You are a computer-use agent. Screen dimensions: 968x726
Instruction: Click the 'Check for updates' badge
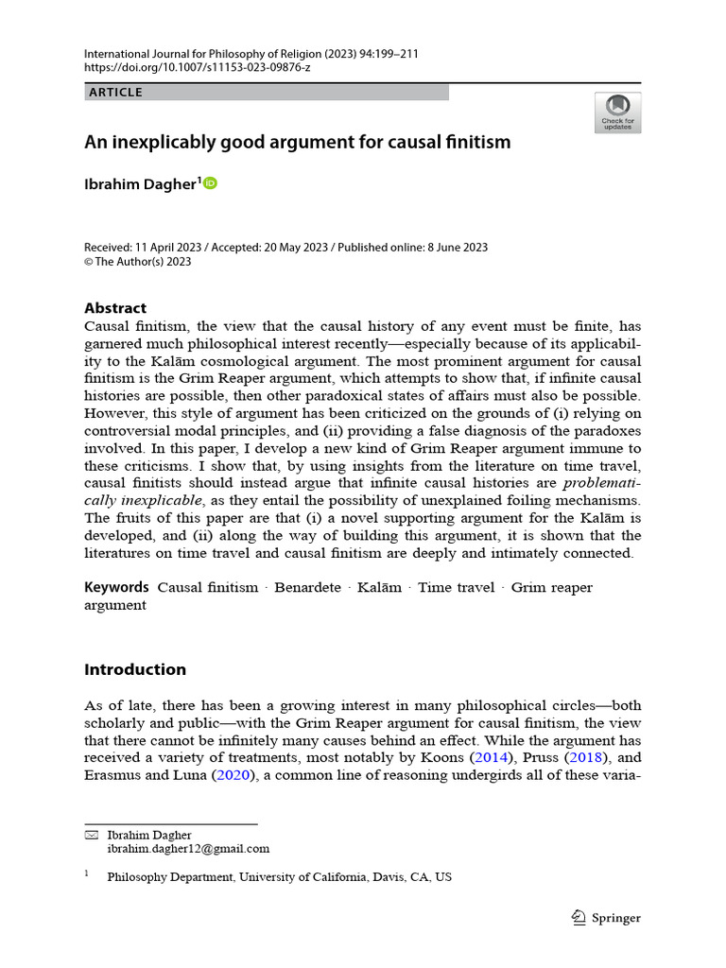coord(617,112)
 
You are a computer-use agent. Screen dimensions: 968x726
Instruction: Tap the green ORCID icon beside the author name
coord(210,183)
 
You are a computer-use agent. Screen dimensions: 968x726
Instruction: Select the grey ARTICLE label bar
coord(267,93)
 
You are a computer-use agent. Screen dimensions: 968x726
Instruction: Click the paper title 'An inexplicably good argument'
coord(298,143)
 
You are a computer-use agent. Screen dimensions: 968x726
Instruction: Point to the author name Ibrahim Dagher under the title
coord(141,184)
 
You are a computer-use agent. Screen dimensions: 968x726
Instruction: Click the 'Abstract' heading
coord(115,308)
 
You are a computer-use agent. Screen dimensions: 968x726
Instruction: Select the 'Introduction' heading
coord(135,669)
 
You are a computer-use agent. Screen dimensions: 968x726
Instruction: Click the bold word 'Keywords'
coord(116,587)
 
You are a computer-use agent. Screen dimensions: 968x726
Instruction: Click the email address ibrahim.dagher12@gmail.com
coord(188,849)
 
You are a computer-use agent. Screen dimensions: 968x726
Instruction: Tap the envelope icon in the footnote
coord(92,835)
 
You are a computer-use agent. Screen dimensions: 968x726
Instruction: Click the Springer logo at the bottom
coord(607,918)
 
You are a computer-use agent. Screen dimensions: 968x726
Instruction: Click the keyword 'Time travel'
coord(456,587)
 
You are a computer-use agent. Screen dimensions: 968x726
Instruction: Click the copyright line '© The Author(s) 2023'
coord(138,262)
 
